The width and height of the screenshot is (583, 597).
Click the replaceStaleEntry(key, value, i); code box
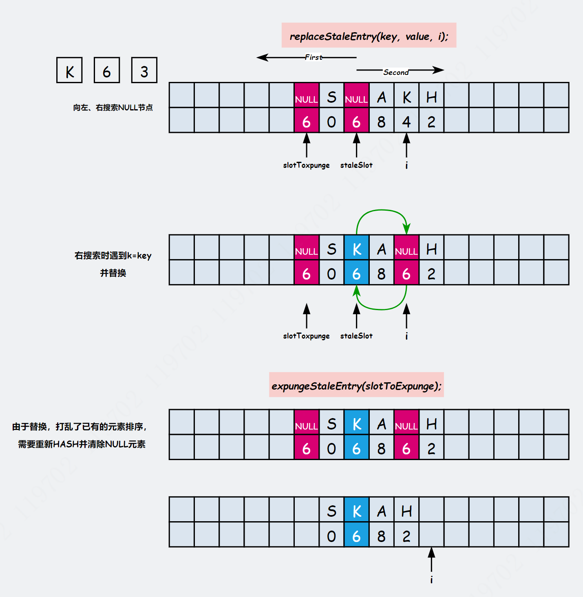tap(369, 36)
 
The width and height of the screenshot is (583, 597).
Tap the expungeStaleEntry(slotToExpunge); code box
tap(356, 385)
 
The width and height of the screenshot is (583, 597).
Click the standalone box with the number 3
tap(144, 70)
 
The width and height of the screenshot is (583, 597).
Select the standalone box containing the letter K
tap(70, 70)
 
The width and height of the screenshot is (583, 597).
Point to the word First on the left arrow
tap(314, 57)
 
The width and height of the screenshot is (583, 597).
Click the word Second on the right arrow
tap(396, 72)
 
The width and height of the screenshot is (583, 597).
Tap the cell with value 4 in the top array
tap(406, 121)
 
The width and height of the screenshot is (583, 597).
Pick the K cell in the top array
tap(406, 97)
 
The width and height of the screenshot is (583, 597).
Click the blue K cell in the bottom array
tap(357, 511)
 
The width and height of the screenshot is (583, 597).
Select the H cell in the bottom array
tap(406, 511)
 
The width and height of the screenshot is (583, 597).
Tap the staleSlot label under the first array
tap(356, 165)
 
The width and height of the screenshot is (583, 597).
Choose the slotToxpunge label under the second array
tap(306, 336)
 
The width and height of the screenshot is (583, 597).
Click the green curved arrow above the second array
tap(382, 211)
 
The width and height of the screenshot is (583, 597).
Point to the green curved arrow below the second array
tap(382, 309)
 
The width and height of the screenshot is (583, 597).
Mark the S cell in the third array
tap(331, 424)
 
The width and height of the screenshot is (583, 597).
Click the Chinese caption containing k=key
tap(113, 256)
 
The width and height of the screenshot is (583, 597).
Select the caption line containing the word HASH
tap(82, 444)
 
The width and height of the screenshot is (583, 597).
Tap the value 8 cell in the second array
tap(382, 273)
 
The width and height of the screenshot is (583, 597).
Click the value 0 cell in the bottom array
tap(331, 536)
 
